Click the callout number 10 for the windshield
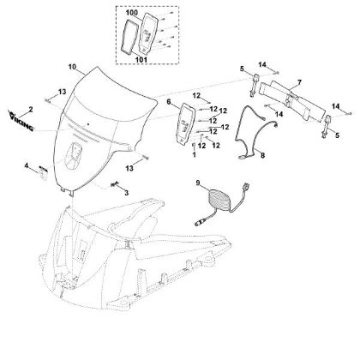72,67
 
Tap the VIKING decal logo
21,122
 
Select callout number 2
31,109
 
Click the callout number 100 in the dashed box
132,13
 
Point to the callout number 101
141,60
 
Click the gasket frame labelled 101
129,37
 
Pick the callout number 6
169,102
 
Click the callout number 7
299,83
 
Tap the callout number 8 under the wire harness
262,156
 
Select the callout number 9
198,183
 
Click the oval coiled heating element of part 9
221,201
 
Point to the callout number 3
126,193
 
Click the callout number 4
27,165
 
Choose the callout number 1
195,154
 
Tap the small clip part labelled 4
43,173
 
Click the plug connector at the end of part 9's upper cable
247,188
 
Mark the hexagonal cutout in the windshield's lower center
74,156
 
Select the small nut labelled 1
194,145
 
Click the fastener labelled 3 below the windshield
115,184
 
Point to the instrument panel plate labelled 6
186,123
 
